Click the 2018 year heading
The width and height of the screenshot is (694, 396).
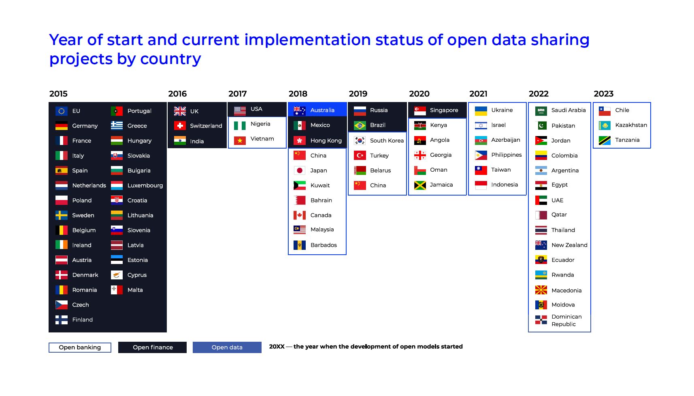coord(298,94)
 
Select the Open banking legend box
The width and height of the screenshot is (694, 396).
coord(80,347)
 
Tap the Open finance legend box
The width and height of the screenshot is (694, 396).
coord(152,347)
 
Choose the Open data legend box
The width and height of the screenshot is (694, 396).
coord(227,347)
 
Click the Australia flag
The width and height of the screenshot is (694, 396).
coord(300,110)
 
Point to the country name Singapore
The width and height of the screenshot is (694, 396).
coord(444,110)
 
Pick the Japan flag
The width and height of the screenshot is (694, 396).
coord(300,170)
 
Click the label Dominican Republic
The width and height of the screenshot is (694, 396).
coord(567,320)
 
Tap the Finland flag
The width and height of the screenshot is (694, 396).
coord(62,320)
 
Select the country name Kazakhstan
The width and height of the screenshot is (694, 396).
coord(631,125)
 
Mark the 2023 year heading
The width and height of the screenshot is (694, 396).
coord(604,94)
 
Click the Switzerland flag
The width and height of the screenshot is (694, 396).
coord(180,126)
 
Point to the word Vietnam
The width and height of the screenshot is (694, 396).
coord(262,138)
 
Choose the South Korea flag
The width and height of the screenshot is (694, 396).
coord(360,141)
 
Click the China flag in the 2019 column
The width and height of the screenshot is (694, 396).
coord(360,185)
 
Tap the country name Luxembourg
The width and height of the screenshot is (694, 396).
coord(145,185)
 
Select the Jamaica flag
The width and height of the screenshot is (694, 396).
coord(420,185)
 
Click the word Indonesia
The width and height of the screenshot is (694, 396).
coord(505,185)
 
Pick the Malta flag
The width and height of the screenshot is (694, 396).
coord(117,290)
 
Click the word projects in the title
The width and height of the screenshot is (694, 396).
coord(81,59)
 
